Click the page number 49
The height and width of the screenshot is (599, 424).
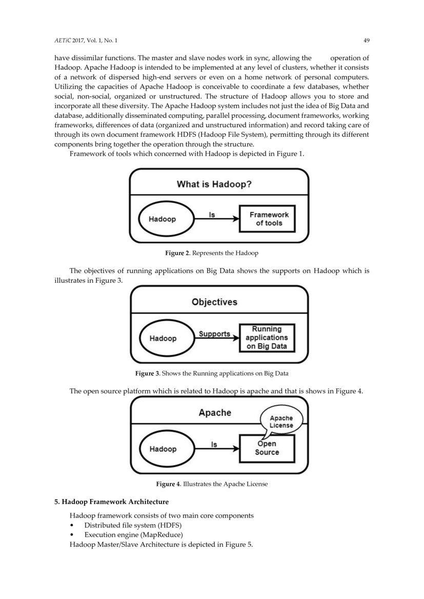[366, 40]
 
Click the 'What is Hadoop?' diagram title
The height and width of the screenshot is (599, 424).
[214, 184]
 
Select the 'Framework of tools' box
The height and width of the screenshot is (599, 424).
[269, 219]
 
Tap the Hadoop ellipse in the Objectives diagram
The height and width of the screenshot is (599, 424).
[163, 338]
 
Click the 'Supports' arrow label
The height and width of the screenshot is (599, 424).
[214, 334]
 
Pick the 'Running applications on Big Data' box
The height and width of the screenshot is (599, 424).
[267, 338]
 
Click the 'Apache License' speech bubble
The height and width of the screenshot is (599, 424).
[281, 422]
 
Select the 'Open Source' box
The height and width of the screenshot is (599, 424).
[267, 448]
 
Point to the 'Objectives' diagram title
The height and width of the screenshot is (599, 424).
[214, 302]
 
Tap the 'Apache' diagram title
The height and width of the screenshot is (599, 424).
[215, 412]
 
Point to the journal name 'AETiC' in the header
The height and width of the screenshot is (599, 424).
[64, 40]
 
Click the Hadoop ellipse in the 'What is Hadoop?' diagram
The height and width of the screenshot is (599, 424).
[162, 219]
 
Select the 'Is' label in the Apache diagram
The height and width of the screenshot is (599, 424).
[214, 444]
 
